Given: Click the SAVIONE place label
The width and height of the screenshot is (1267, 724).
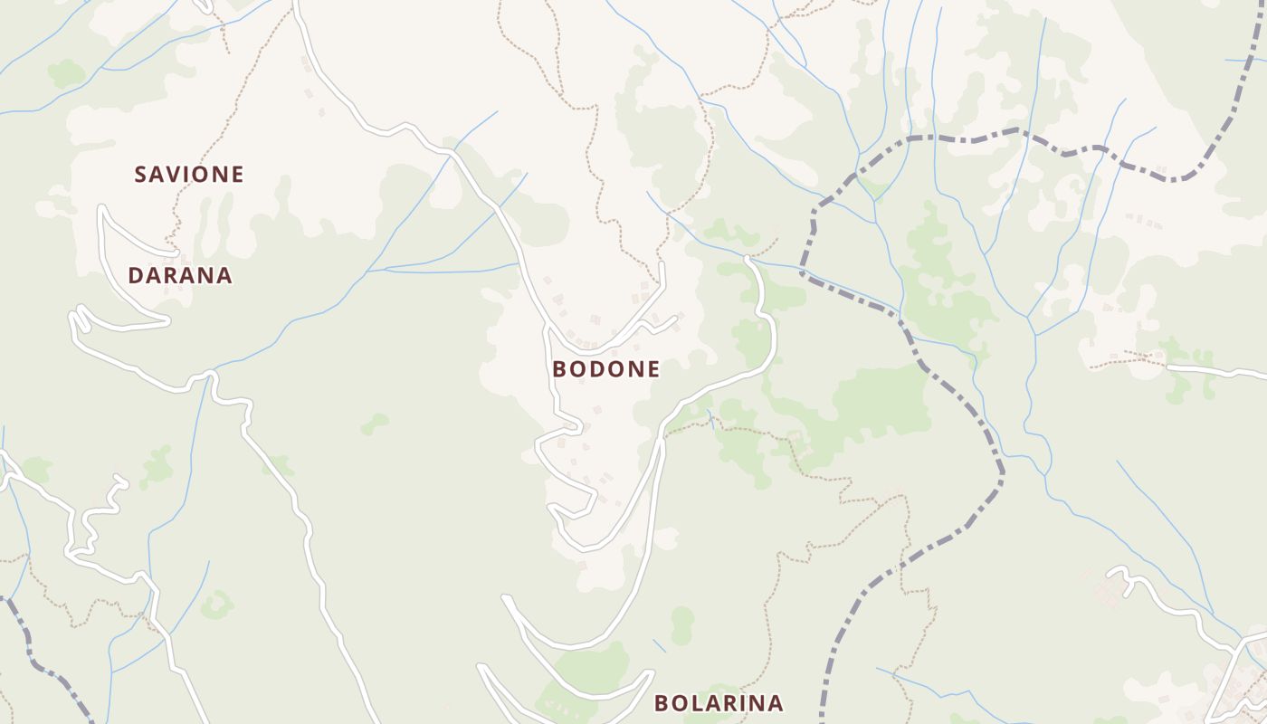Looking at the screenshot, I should click(189, 174).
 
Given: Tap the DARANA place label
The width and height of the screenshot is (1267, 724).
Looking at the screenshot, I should click(180, 275).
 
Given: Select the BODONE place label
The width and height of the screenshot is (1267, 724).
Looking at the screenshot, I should click(605, 369).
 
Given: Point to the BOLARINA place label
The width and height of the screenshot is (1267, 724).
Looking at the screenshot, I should click(719, 703).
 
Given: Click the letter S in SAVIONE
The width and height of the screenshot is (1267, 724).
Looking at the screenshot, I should click(141, 174).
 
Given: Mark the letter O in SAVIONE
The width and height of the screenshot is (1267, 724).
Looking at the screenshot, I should click(201, 174).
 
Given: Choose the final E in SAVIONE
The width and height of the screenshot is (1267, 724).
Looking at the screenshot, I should click(237, 174).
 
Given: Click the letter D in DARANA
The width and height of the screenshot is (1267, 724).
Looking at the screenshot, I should click(136, 275).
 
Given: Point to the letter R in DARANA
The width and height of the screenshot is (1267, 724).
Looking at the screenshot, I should click(172, 275).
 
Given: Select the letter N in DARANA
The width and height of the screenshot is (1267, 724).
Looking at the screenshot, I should click(207, 275).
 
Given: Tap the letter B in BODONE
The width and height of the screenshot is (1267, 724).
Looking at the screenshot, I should click(559, 369).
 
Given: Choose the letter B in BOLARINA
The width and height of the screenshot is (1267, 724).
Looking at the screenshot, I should click(662, 703).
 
